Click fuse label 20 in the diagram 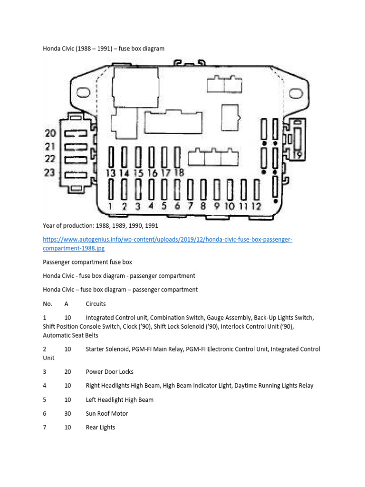[50, 134]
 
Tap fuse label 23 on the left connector [50, 172]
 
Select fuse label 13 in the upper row [111, 173]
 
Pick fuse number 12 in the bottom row [257, 206]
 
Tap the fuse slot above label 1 [111, 190]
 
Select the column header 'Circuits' [96, 303]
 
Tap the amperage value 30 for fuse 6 [67, 413]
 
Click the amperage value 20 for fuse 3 [67, 371]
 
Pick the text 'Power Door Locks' [110, 371]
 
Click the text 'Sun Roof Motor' [106, 413]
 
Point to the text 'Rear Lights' [100, 427]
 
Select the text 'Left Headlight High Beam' [119, 399]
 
